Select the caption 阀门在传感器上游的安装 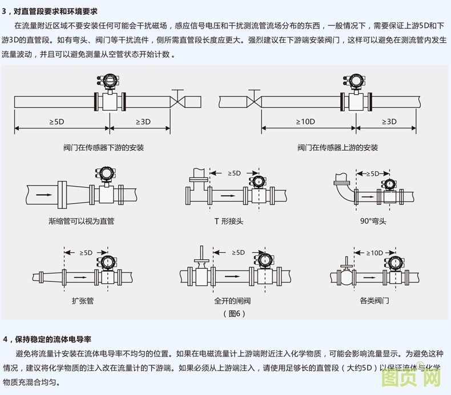(x=337, y=148)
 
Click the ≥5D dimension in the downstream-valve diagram (x=57, y=122)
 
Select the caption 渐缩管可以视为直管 (x=82, y=221)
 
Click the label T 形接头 (x=228, y=221)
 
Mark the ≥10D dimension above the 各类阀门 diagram (x=375, y=253)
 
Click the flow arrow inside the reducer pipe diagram (x=42, y=194)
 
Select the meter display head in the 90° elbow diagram (x=389, y=184)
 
